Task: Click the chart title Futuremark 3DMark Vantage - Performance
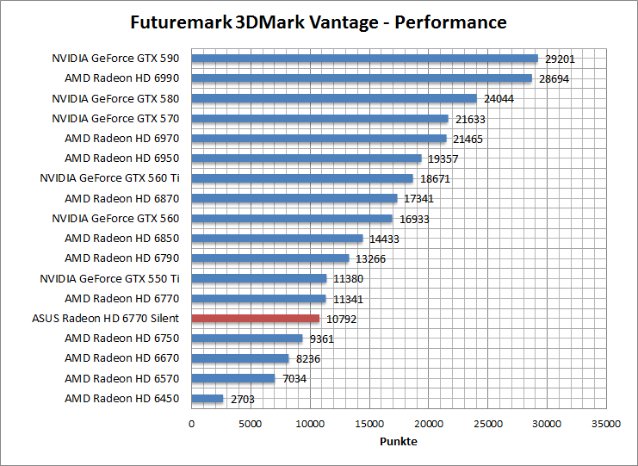319,22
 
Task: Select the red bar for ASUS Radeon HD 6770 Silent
255,318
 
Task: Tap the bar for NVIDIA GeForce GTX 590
364,59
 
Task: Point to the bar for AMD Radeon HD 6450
208,398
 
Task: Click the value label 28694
555,79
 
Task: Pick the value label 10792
341,319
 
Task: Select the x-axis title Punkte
399,441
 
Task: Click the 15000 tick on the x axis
369,424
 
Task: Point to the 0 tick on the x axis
191,424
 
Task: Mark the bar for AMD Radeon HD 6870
294,198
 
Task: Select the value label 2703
242,399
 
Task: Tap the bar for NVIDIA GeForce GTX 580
334,98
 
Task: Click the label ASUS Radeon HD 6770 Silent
105,318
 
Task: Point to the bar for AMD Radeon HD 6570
232,378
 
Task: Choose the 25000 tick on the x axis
488,424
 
